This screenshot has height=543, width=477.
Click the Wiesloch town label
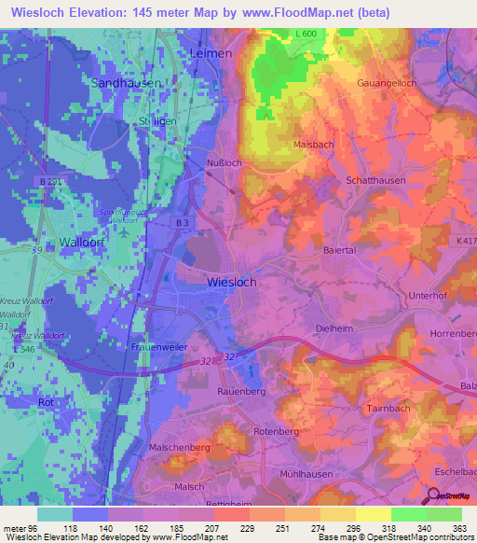tap(230, 281)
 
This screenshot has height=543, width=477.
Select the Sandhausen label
tap(126, 82)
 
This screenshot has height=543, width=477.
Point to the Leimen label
tap(210, 54)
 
